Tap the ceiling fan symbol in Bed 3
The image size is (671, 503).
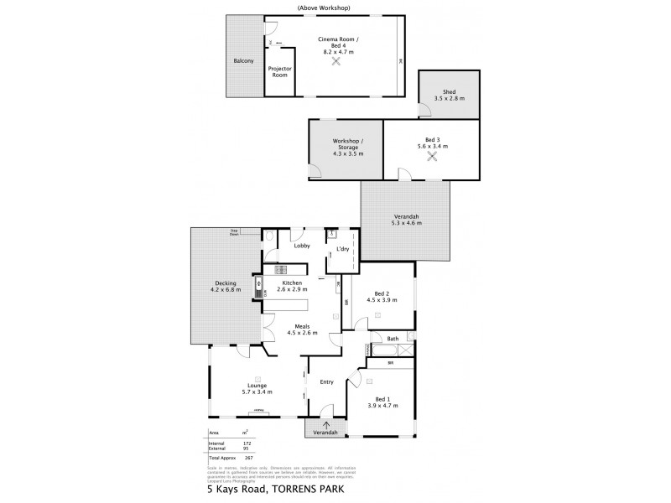tap(433, 156)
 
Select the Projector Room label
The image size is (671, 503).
tap(279, 72)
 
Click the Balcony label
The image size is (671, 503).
tap(244, 61)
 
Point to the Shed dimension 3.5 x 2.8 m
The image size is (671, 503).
tap(450, 99)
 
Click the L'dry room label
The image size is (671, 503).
tap(342, 250)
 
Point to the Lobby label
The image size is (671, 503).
tap(302, 246)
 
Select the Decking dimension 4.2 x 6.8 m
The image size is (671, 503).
tap(226, 290)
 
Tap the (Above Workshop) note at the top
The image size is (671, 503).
tap(324, 8)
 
